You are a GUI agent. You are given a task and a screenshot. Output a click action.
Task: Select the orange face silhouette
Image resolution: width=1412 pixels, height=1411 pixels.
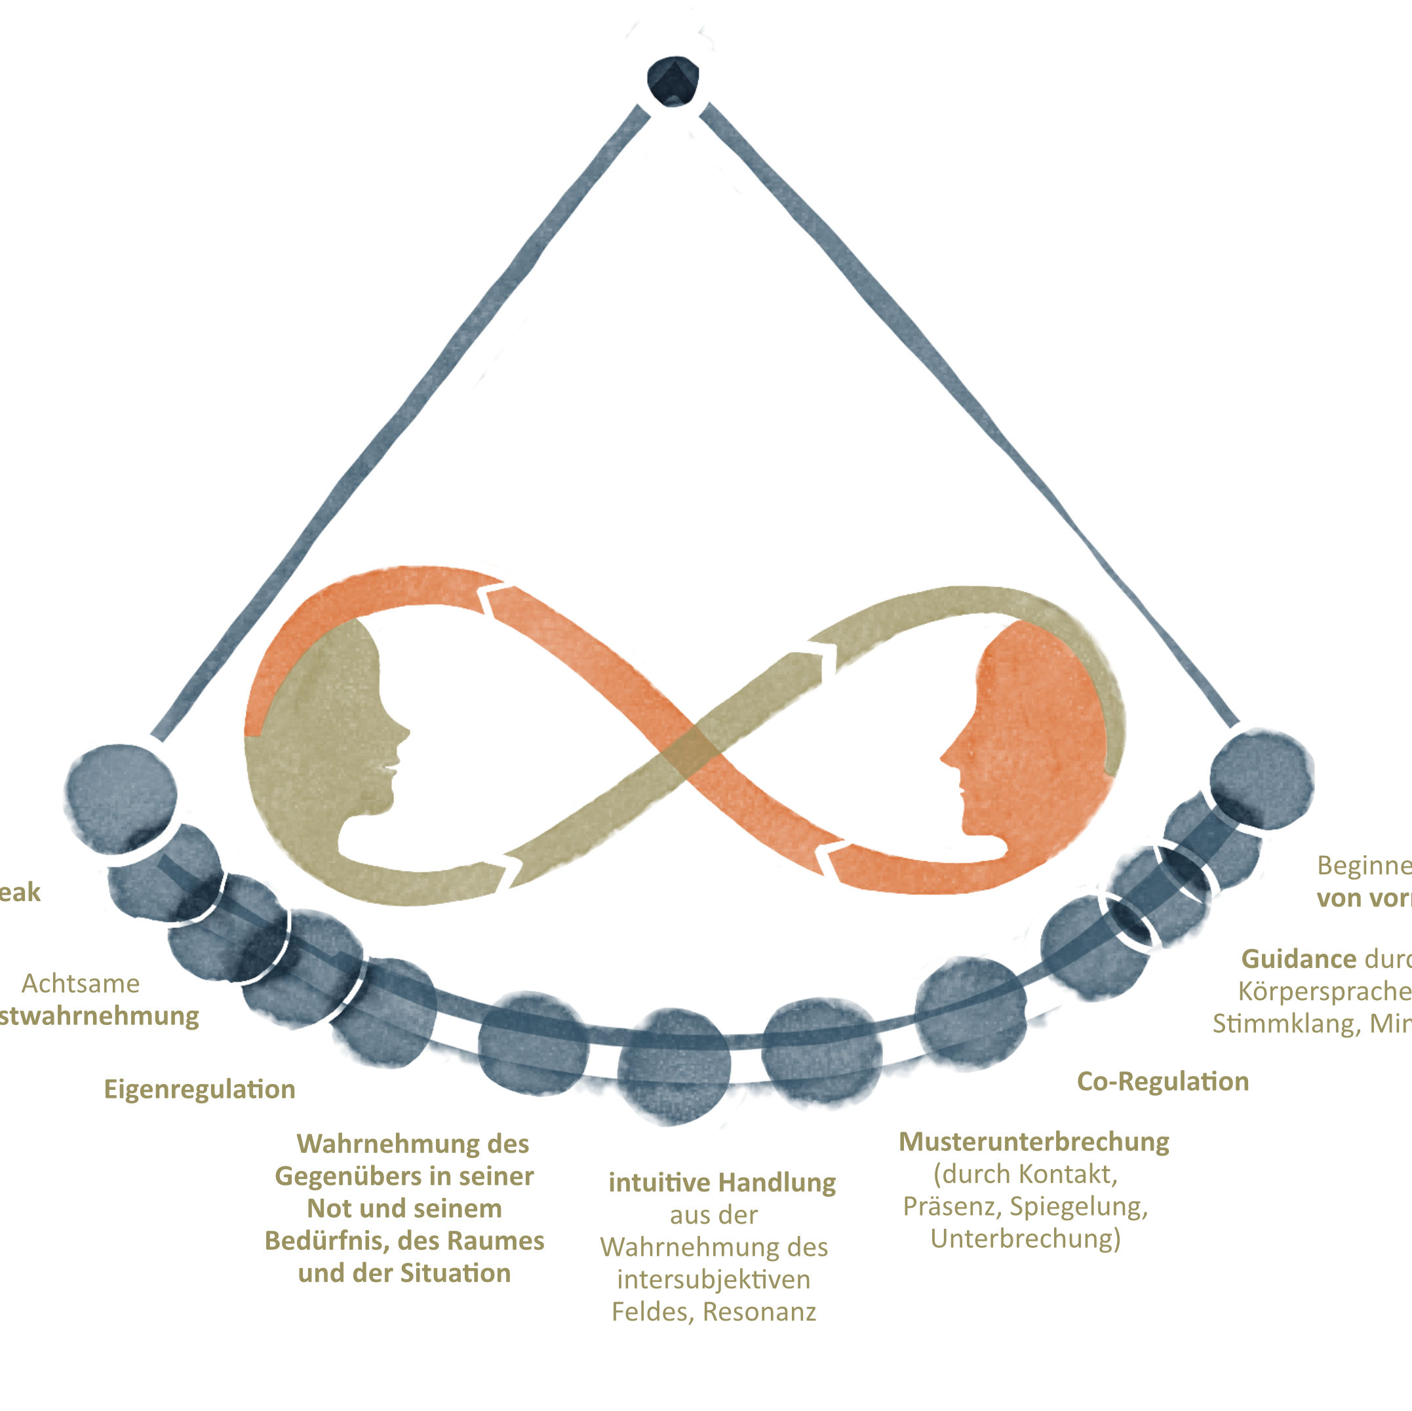click(1038, 738)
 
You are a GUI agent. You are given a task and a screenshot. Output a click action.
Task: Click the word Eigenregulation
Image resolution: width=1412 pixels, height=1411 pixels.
click(199, 1089)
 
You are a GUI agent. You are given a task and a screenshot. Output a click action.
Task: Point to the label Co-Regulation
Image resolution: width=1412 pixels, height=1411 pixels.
click(1163, 1081)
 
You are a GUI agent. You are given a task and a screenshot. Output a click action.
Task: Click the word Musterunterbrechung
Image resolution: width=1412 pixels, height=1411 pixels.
click(1033, 1142)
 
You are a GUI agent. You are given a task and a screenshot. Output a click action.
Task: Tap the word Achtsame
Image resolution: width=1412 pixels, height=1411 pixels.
click(81, 984)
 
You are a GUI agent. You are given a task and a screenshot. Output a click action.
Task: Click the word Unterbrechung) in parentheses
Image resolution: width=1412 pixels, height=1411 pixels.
click(1025, 1239)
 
